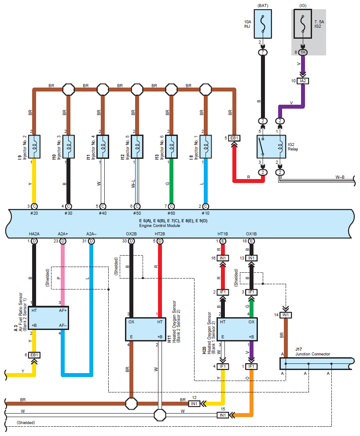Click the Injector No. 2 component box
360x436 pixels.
point(34,146)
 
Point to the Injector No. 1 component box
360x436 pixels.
point(206,146)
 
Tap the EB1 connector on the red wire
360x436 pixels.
point(234,138)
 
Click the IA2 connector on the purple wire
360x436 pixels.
point(303,81)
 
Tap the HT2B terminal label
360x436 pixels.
point(159,234)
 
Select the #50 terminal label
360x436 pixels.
point(137,213)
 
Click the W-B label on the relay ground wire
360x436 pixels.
point(340,177)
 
